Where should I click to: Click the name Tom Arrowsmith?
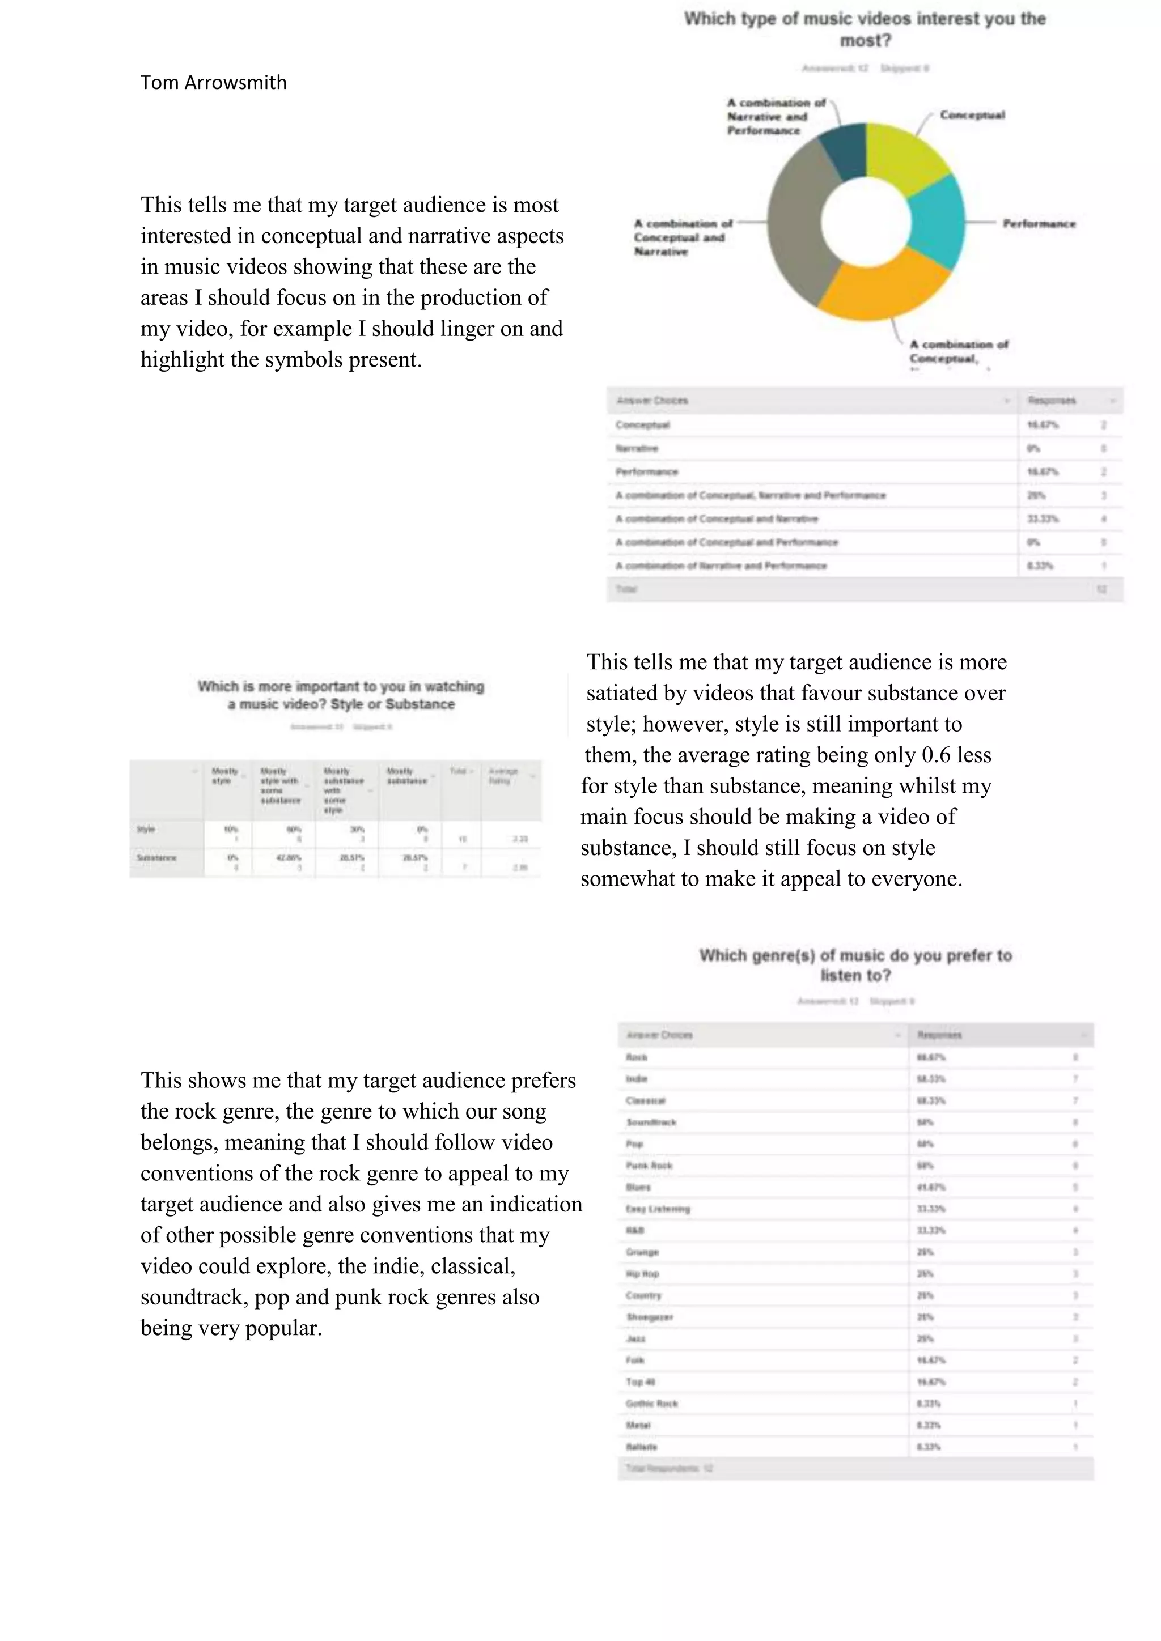[213, 83]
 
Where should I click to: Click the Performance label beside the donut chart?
[1038, 224]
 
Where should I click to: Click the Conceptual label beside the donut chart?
[972, 115]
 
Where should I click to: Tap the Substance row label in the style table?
[156, 858]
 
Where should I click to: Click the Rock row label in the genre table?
[636, 1057]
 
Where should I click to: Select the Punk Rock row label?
[649, 1166]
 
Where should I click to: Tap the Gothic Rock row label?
[651, 1404]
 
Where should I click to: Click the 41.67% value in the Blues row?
[931, 1187]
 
